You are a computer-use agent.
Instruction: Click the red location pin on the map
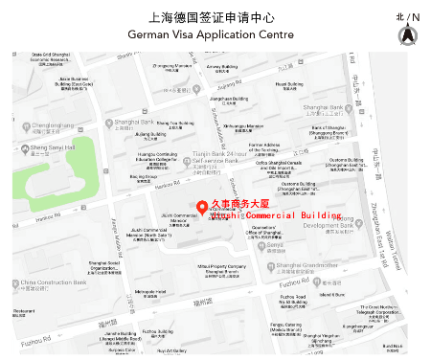(202, 207)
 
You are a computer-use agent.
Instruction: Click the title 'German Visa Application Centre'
(215, 34)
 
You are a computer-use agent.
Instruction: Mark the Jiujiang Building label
(151, 135)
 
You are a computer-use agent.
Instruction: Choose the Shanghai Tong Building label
(174, 123)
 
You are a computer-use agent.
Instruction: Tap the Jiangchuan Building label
(229, 99)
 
